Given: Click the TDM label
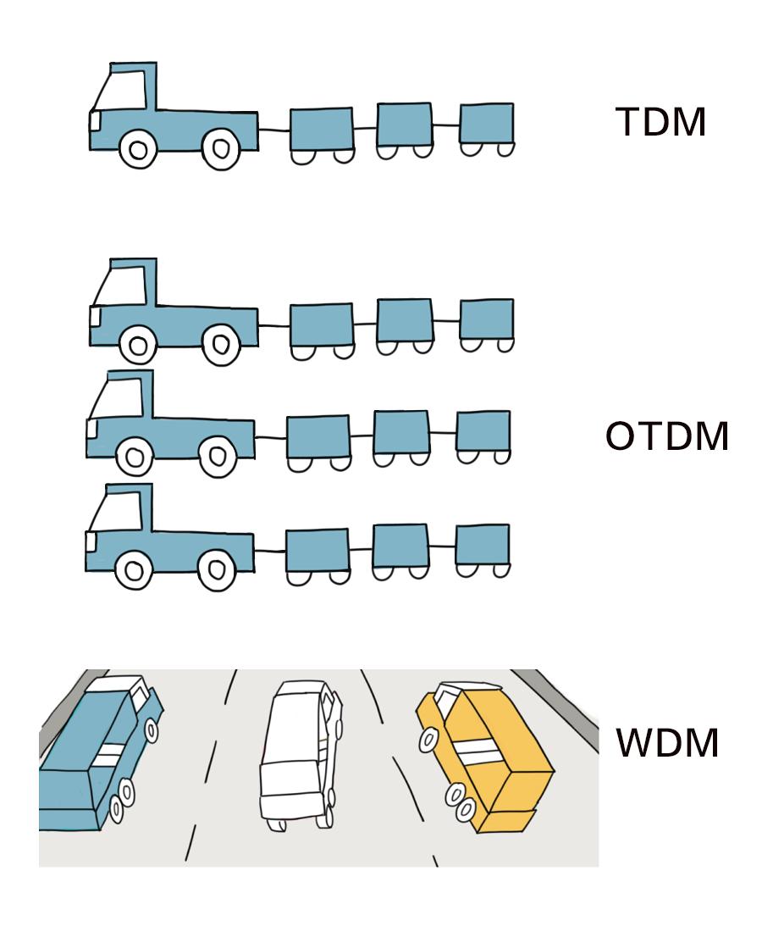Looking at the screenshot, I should [660, 124].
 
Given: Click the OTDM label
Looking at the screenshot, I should [667, 437].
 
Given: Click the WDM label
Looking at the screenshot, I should [668, 742].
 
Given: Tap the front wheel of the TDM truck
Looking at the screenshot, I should [137, 150].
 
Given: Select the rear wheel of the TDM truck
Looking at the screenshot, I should [220, 149].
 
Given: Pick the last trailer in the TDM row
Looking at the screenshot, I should [487, 124].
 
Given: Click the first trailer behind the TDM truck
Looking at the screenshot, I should [321, 130].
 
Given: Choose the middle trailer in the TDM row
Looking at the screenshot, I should [405, 125].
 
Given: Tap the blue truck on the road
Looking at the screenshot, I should [93, 754].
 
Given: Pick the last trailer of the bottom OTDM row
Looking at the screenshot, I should [483, 545].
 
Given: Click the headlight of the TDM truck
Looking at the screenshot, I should [95, 123].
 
